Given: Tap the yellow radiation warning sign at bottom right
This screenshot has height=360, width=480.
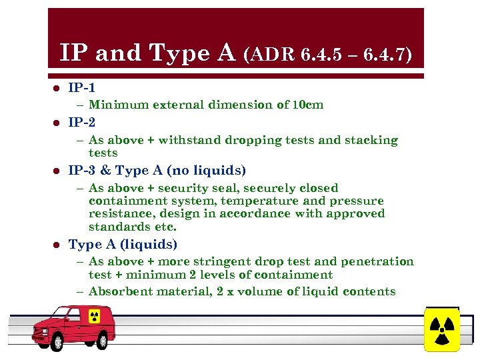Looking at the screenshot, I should point(441,329).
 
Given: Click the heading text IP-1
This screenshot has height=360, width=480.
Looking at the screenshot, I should point(82,87).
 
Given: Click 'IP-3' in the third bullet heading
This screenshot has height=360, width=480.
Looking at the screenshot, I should point(82,170).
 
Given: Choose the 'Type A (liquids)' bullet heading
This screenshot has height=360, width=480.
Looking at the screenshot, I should point(123,244).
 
